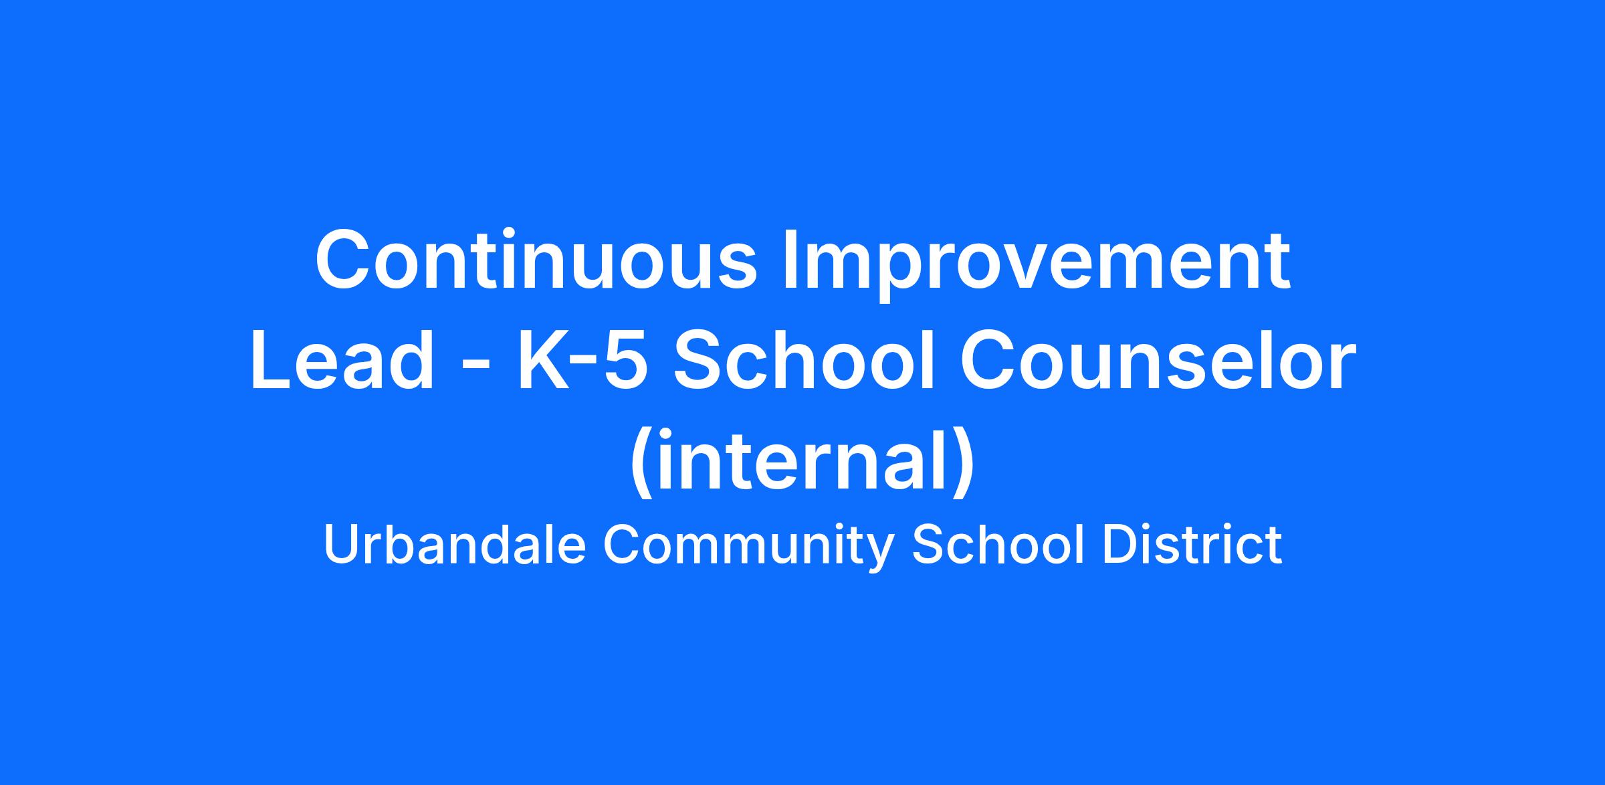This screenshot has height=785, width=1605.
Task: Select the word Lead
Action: coord(343,361)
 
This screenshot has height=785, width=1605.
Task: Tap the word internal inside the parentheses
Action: coord(802,461)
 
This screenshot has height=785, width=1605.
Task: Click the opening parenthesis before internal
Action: coord(641,464)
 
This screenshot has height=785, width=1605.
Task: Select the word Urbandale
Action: coord(455,545)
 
